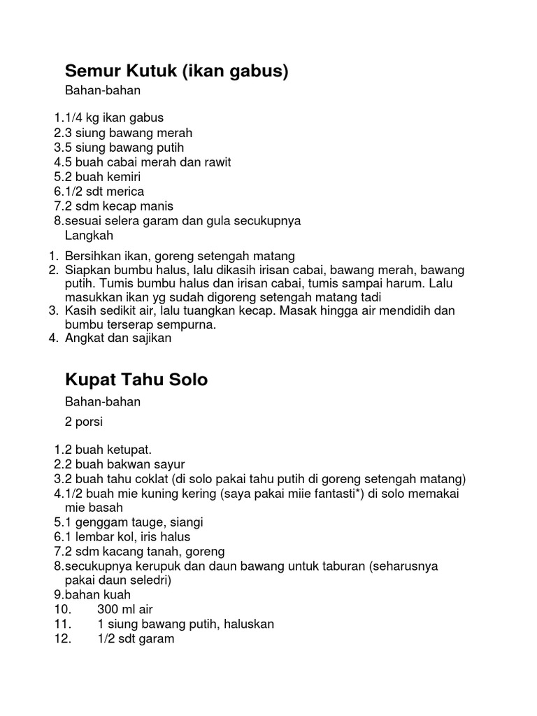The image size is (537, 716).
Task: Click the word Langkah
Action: click(89, 236)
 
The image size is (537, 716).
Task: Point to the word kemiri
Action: click(123, 177)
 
